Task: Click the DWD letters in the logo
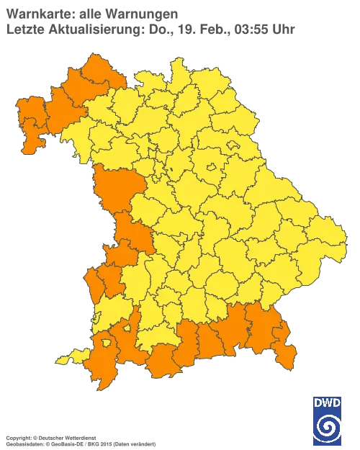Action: coord(328,402)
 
